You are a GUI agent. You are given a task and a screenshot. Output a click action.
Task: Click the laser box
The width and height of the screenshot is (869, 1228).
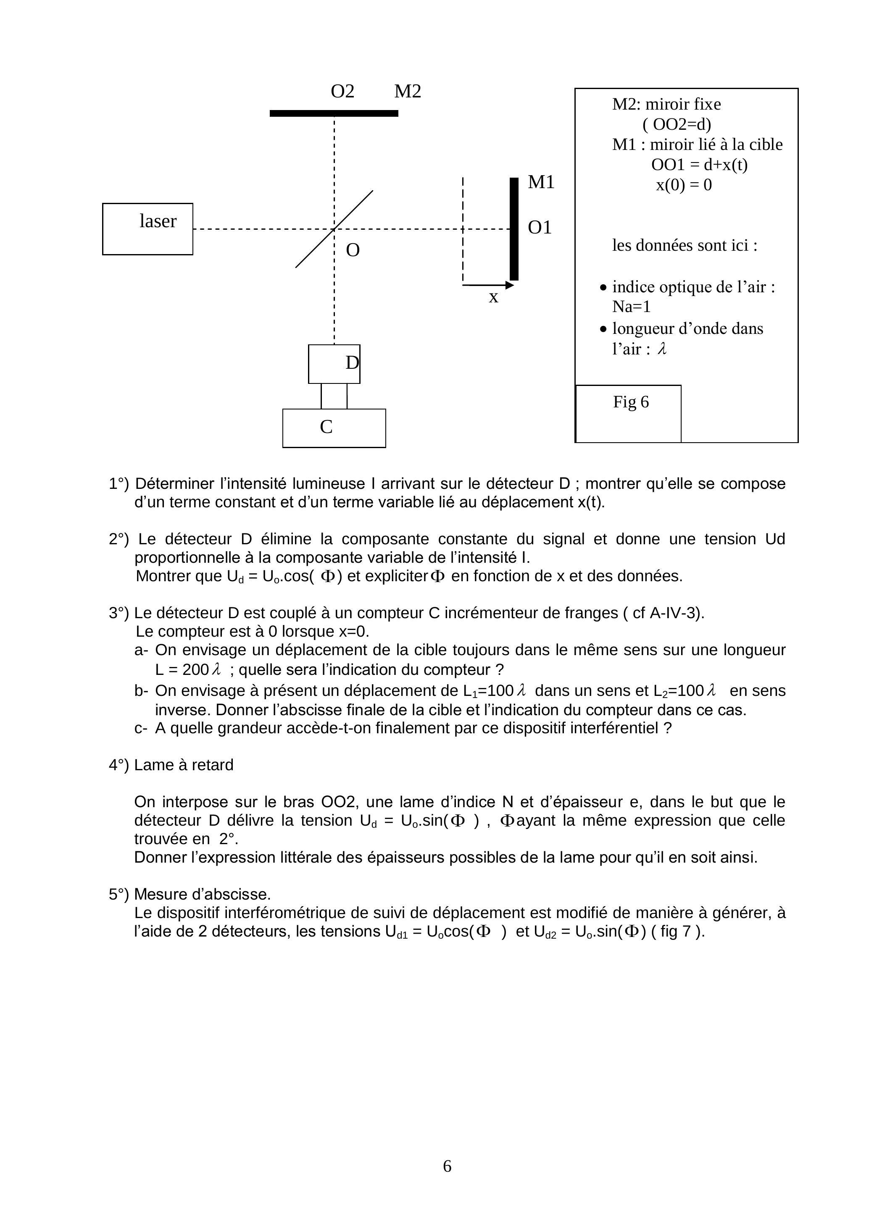point(147,229)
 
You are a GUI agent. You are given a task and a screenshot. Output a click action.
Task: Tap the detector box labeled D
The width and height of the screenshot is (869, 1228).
point(334,364)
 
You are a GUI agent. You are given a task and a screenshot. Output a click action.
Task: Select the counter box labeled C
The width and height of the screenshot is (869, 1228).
point(334,428)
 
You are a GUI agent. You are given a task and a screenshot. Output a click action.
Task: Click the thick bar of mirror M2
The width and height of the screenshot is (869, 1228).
point(334,113)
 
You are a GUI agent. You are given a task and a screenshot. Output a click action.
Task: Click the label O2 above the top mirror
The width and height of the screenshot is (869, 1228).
point(342,92)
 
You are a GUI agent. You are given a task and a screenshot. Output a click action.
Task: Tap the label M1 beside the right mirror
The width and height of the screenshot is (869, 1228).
point(541,182)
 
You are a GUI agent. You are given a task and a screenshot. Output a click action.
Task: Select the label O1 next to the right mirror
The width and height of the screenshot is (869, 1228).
point(540,228)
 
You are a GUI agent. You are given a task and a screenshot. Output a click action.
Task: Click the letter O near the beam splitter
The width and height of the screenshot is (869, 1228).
point(353,250)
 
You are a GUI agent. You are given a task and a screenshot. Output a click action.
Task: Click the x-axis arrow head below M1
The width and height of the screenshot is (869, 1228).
point(510,286)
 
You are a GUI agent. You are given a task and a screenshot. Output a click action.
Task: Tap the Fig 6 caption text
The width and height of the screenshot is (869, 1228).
point(631,402)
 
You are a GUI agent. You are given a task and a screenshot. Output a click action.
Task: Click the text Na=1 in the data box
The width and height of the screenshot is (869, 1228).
point(632,307)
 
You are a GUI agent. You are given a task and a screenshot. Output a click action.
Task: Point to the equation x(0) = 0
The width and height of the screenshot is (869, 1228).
point(684,185)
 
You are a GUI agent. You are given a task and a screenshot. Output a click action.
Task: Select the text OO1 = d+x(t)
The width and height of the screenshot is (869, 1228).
point(699,165)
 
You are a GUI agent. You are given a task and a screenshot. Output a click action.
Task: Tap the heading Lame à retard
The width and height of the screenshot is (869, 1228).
point(184,765)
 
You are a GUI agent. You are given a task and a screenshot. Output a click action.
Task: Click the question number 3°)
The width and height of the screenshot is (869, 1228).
point(119,613)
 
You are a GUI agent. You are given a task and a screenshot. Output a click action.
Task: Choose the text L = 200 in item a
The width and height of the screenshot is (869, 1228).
point(182,670)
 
